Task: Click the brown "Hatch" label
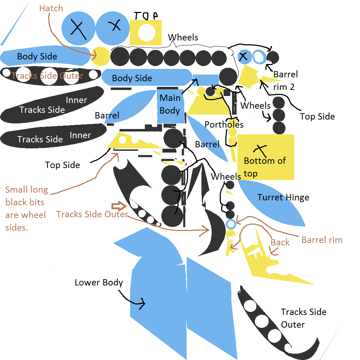click(51, 8)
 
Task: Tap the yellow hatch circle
click(101, 56)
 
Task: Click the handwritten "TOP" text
click(146, 15)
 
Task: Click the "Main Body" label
click(170, 104)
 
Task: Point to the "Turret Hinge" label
click(283, 197)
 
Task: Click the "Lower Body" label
click(99, 282)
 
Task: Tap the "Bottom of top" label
click(265, 167)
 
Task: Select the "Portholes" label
click(224, 124)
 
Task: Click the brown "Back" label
click(280, 242)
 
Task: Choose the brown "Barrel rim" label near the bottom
click(322, 240)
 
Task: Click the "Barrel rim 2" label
click(285, 81)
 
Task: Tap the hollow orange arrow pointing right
click(118, 206)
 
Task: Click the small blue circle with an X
click(244, 57)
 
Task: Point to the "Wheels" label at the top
click(183, 37)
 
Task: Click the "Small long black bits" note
click(27, 208)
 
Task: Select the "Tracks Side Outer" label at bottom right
click(303, 318)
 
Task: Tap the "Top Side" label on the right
click(317, 116)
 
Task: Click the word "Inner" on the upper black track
click(76, 100)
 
